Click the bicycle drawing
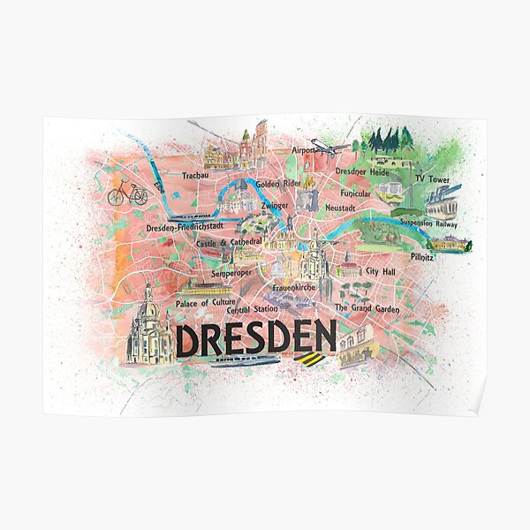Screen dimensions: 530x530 pos(128,193)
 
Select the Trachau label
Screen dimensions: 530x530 pos(194,176)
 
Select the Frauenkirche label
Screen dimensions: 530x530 pos(293,287)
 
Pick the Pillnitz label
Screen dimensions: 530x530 pos(422,257)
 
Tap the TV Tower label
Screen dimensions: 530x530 pos(432,178)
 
